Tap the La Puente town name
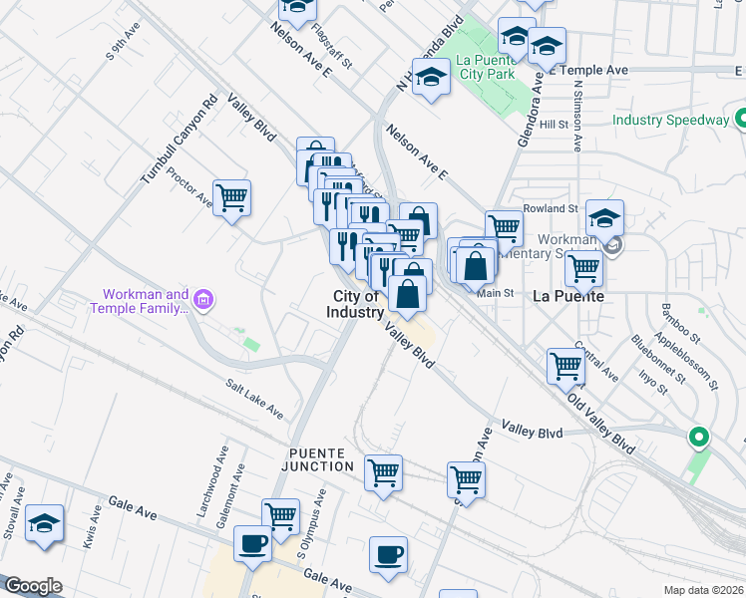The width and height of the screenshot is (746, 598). (x=568, y=296)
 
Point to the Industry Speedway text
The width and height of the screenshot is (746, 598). (x=670, y=120)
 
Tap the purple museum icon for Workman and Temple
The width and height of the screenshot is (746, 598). (x=202, y=299)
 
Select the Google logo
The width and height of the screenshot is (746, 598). (x=33, y=586)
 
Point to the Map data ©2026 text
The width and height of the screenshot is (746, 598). (x=703, y=590)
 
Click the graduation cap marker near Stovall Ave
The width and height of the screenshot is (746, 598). (x=44, y=524)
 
